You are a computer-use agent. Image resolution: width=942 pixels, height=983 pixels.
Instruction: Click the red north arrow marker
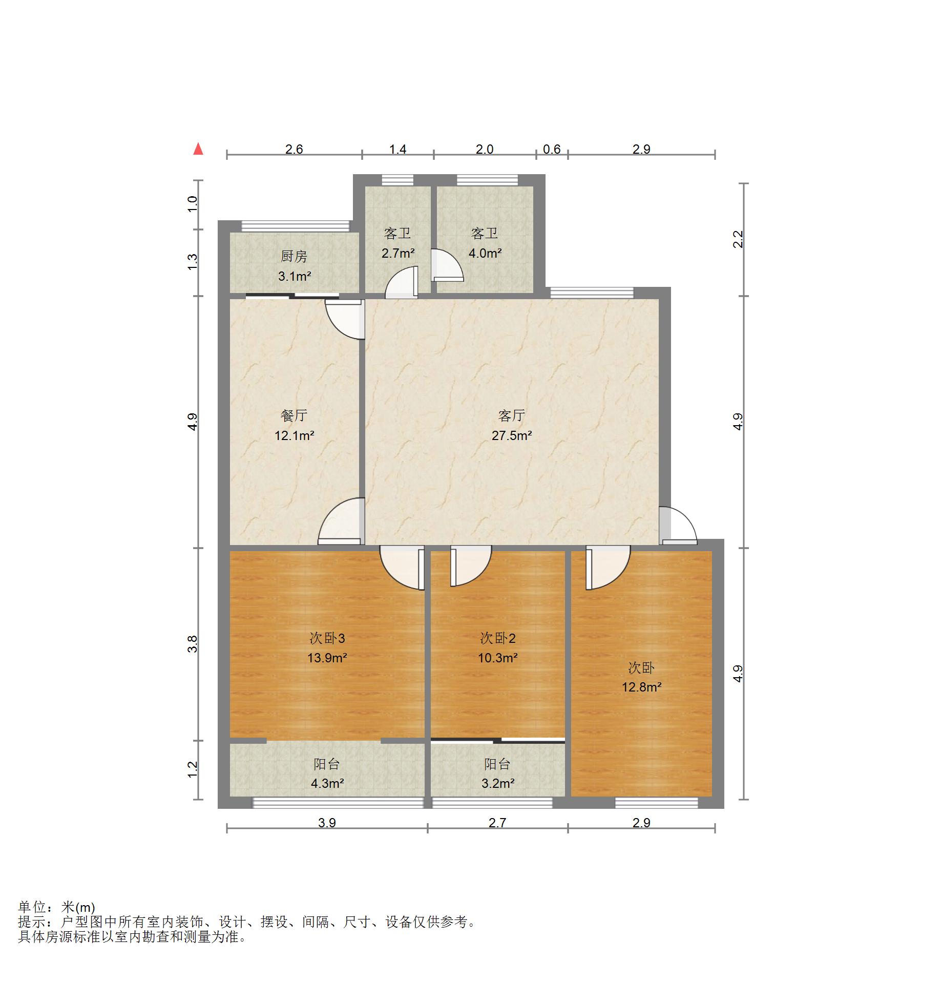198,149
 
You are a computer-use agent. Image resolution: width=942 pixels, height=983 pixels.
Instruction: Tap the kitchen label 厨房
294,256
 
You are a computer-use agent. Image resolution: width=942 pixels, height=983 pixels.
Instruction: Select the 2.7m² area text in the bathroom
397,253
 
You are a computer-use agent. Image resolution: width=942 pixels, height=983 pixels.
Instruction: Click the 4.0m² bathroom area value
485,253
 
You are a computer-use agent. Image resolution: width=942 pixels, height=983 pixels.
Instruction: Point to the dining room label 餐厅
294,415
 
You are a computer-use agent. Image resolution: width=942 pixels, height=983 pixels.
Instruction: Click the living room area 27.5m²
511,435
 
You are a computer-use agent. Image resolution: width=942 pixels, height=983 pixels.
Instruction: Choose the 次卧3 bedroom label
327,638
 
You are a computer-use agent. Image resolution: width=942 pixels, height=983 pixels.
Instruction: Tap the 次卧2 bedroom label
497,638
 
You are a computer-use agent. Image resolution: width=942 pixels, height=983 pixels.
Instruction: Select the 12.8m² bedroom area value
641,687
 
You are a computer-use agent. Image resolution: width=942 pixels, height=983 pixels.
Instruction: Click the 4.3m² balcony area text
327,783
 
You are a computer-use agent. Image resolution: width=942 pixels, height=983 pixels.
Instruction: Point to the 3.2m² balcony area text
497,783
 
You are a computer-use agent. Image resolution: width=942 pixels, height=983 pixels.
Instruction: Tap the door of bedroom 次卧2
469,566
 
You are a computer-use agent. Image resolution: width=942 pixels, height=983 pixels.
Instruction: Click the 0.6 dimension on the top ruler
552,149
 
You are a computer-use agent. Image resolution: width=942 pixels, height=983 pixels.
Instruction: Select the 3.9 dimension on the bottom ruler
327,823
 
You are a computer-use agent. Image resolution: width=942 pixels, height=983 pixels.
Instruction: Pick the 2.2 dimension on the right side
738,239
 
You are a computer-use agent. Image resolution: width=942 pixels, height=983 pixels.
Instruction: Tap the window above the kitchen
295,226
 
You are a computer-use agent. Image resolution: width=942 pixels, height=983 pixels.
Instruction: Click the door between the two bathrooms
446,265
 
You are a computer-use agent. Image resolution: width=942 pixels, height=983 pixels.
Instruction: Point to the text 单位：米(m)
56,907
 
